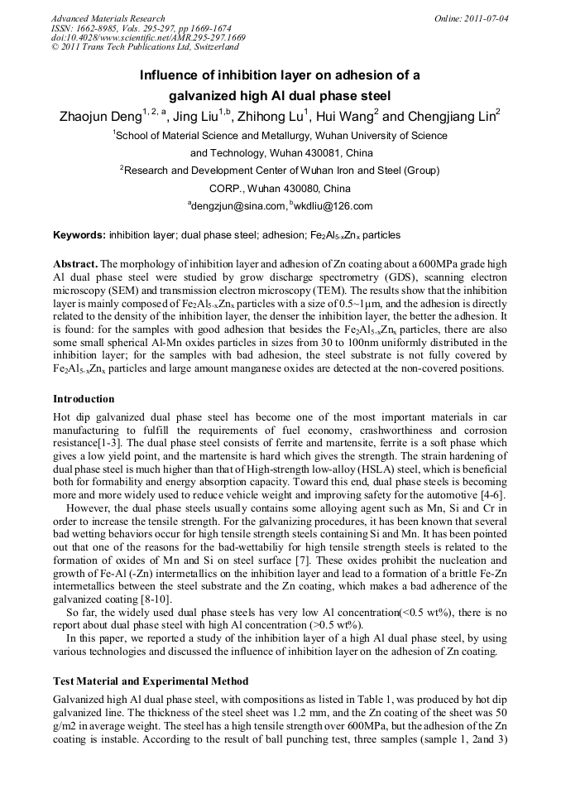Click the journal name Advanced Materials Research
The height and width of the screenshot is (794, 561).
[108, 18]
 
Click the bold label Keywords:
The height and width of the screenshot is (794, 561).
[79, 235]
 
